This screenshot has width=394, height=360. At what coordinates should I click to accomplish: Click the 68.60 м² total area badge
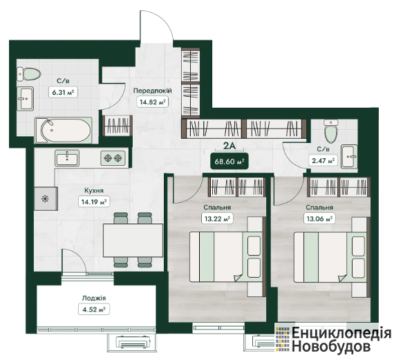pos(229,161)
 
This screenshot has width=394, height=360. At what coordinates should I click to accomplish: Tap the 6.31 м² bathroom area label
pos(63,92)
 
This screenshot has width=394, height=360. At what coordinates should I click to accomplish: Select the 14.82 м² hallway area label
pos(153,102)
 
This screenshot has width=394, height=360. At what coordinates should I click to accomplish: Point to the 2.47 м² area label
pos(323,160)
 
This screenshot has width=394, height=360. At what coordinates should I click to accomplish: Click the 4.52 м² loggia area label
pos(94,309)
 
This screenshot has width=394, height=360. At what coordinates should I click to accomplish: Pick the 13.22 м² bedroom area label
pos(217,218)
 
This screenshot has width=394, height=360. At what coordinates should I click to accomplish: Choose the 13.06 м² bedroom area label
pos(319,218)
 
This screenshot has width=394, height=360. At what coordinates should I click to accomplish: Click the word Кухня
pos(94,191)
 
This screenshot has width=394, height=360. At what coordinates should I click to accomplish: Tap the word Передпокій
pos(153,91)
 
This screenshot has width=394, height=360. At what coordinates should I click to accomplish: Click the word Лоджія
pos(94,299)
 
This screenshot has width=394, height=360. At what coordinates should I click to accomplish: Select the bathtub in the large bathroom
pos(64,131)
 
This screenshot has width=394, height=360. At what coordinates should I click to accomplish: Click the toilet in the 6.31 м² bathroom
pos(29,74)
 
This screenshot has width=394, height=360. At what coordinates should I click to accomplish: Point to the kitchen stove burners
pos(113,158)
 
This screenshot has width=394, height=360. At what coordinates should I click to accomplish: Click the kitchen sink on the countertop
pos(67,158)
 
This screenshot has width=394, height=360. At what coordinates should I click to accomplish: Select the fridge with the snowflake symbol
pos(46,199)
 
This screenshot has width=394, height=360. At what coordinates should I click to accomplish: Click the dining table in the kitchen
pos(133,240)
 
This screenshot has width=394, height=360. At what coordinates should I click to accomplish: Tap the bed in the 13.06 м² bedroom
pos(330,257)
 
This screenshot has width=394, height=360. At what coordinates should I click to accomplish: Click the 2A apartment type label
pos(229,146)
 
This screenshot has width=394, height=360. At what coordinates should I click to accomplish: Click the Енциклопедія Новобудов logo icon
pos(283,339)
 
